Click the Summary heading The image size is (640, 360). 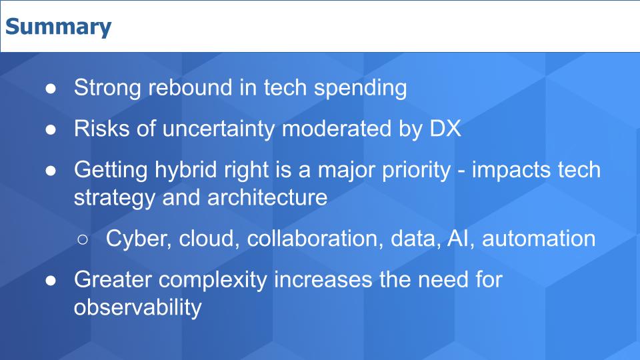(59, 27)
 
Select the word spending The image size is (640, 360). (361, 89)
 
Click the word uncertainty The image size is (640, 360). (219, 129)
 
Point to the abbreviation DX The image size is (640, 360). (445, 129)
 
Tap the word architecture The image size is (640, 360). (267, 197)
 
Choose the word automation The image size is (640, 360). (539, 239)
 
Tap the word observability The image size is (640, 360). (138, 307)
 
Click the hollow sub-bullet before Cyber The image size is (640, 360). (83, 239)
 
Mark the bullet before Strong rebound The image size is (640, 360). (51, 89)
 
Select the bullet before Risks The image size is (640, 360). (51, 130)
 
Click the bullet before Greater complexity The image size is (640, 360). (51, 281)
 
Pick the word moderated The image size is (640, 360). (337, 129)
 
